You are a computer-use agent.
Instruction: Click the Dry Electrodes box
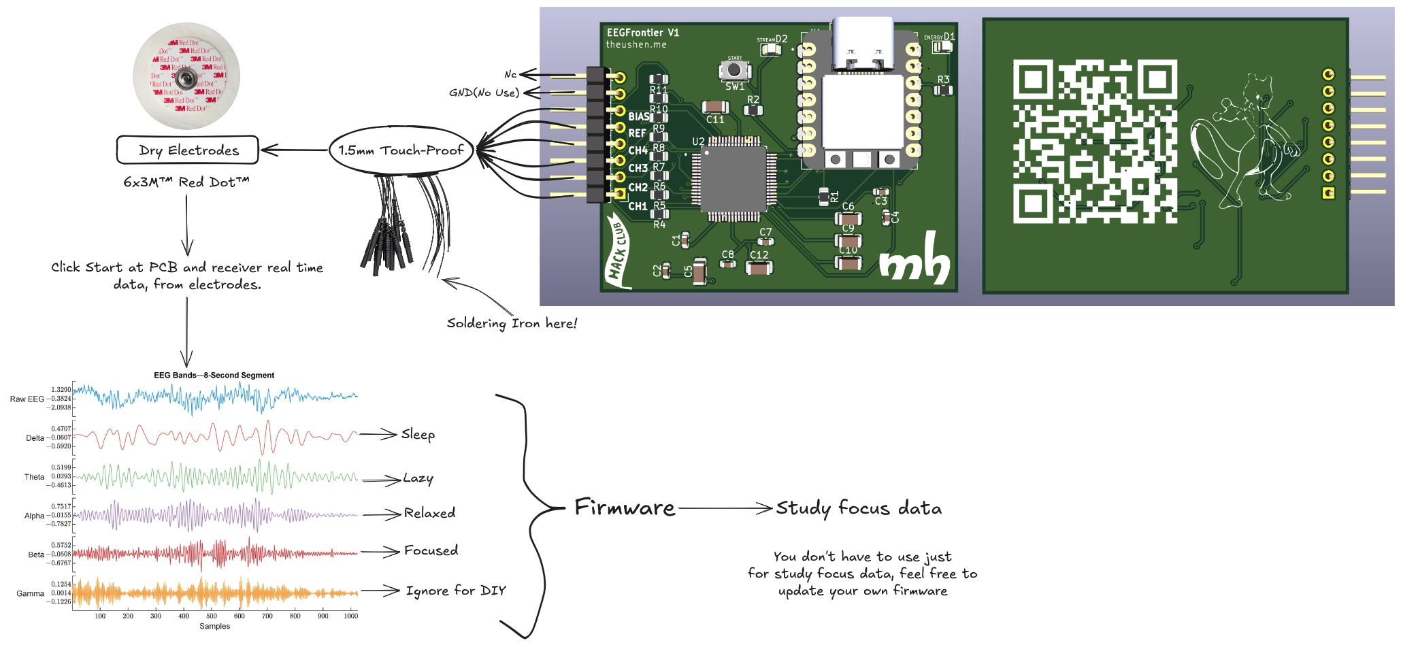tap(188, 150)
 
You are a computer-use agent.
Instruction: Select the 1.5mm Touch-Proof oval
tap(401, 150)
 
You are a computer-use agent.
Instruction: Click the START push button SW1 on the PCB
tap(734, 70)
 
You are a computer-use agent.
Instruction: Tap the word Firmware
tap(625, 508)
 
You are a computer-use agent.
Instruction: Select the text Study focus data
tap(859, 508)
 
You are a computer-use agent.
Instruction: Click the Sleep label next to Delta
tap(418, 434)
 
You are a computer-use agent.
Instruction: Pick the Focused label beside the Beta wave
tap(431, 550)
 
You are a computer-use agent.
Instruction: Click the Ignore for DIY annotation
tap(456, 591)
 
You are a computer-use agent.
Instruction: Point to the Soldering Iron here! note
tap(512, 323)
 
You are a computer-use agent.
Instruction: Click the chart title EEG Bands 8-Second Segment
tap(214, 375)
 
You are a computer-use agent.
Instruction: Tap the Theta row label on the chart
tap(34, 477)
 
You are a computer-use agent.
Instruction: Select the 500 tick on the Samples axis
tap(212, 616)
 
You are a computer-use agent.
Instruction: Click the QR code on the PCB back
tap(1094, 142)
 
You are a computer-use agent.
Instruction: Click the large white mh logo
tap(914, 259)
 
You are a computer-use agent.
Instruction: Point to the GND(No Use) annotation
tap(484, 93)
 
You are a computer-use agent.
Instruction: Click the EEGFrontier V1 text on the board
tap(642, 33)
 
